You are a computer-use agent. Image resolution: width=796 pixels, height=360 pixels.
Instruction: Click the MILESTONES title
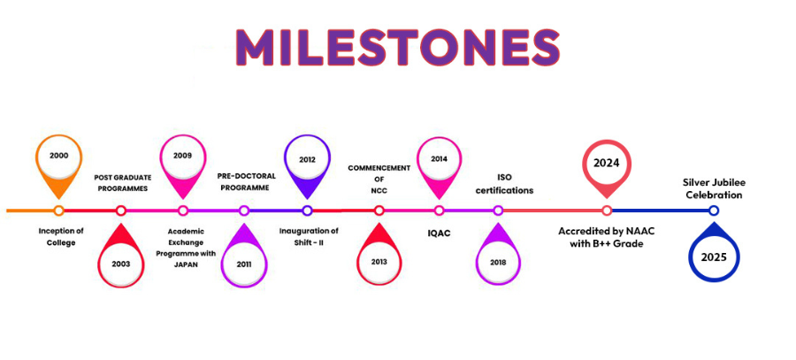pos(398,47)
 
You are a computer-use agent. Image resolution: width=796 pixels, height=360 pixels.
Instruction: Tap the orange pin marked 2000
pos(58,157)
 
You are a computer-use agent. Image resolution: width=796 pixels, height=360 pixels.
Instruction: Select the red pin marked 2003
pos(121,263)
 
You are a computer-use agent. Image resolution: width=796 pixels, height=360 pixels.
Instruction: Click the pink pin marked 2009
pos(183,157)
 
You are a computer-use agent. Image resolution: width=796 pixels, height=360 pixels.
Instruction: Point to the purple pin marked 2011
pos(244,262)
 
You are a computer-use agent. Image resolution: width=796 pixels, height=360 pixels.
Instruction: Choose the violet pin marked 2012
pos(307,161)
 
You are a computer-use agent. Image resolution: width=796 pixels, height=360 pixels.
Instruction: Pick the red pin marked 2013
pos(379,262)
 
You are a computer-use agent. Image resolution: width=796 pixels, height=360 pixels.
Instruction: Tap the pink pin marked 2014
pos(439,161)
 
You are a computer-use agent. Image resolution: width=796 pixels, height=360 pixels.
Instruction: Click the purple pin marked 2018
pos(498,262)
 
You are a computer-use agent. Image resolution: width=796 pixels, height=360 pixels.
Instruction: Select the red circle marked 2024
pos(606,164)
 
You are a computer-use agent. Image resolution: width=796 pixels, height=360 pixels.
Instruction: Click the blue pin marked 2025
pos(713,257)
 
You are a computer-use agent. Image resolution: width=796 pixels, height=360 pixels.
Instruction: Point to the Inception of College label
pos(61,237)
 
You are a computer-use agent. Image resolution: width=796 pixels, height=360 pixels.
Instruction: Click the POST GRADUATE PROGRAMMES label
pos(123,183)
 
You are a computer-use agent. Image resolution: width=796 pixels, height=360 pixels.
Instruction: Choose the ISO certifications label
pos(504,183)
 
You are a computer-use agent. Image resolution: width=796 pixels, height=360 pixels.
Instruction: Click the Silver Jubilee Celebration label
pos(713,188)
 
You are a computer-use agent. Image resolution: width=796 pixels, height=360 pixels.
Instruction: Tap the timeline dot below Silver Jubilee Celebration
pos(713,211)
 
